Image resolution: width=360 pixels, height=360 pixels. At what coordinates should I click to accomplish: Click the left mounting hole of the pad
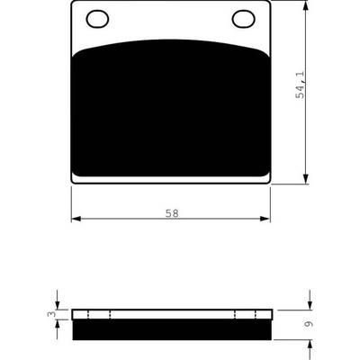coord(97,19)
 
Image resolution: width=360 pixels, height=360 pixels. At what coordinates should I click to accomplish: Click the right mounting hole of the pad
coord(244,19)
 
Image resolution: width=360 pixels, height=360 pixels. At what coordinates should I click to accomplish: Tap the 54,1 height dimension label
coord(301,85)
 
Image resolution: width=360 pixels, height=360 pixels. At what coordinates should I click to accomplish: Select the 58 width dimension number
coord(172,213)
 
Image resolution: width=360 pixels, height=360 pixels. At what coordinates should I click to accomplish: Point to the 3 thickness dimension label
coord(51,314)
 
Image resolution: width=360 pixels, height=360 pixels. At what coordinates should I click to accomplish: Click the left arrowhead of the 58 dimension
coord(76,219)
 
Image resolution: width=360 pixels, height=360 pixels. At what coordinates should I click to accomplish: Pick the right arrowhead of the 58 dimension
coord(265,219)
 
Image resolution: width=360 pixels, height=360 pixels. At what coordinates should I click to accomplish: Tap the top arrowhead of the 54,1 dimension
coord(305,6)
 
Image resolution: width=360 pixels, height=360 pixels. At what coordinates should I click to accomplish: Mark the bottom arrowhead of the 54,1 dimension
coord(305,178)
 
